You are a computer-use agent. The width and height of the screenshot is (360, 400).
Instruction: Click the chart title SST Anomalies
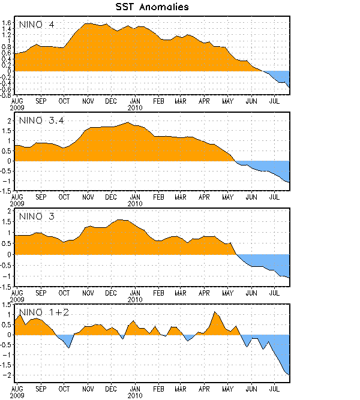pos(152,7)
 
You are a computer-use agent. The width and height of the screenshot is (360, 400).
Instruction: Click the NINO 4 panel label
pos(38,25)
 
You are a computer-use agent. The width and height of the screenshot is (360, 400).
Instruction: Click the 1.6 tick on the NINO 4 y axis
pos(7,23)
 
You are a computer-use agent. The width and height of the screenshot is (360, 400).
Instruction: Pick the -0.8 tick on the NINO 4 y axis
pos(6,95)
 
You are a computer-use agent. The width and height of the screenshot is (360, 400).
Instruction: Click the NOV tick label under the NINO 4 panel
pos(88,101)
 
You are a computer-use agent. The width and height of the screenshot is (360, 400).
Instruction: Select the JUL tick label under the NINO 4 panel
pos(275,101)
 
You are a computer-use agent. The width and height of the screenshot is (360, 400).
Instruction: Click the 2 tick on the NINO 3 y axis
pos(10,211)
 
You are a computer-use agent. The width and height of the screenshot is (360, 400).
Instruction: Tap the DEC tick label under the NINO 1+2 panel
pos(111,388)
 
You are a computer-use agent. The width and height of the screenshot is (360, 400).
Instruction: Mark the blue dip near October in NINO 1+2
pos(68,345)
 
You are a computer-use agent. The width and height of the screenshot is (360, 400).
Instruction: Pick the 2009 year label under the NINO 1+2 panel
pos(17,395)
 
